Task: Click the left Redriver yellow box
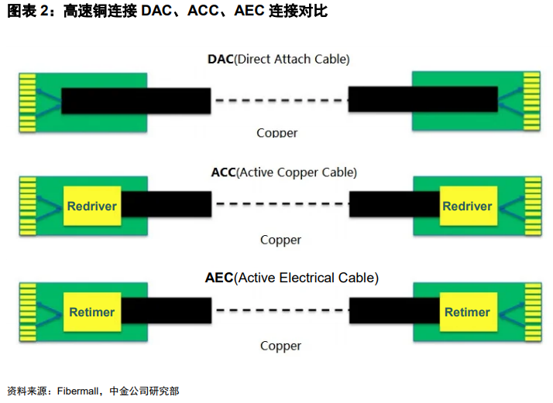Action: [x=91, y=207]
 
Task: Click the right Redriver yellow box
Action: [x=466, y=207]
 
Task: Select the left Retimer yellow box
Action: [x=91, y=312]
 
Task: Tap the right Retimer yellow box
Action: [x=466, y=312]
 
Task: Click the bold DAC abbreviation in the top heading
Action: [x=220, y=59]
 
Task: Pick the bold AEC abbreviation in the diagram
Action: [x=219, y=278]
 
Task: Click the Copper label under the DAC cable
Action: [x=276, y=133]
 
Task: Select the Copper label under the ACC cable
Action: [x=280, y=240]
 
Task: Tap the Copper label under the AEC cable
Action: [x=280, y=346]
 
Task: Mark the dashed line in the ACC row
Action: [x=280, y=204]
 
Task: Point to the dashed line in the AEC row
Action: [x=280, y=310]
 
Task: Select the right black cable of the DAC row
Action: [x=423, y=99]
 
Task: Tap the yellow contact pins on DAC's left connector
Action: [x=28, y=101]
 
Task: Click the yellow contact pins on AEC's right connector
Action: [x=531, y=312]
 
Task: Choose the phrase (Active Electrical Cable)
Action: [x=307, y=278]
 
